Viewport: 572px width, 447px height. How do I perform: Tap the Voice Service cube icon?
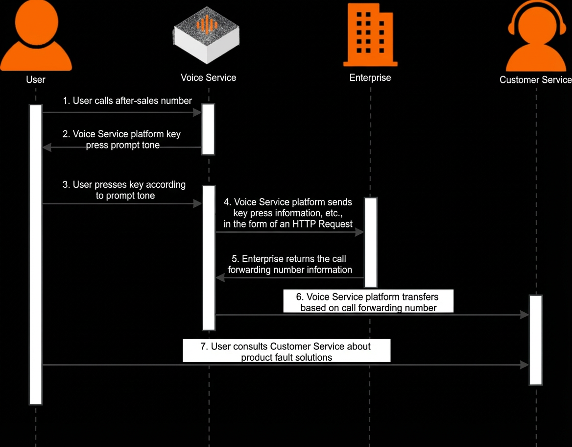[x=207, y=35]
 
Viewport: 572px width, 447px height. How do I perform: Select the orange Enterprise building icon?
[x=370, y=35]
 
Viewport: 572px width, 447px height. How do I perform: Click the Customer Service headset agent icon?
[x=536, y=35]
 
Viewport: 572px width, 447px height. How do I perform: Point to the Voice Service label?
[x=208, y=78]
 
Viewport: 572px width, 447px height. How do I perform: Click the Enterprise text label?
[x=370, y=78]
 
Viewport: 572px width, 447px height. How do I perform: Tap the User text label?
[x=36, y=79]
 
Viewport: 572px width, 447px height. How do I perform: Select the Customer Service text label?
[x=536, y=80]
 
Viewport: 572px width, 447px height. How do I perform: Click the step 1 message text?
[x=127, y=101]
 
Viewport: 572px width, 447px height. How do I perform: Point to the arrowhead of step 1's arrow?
[x=197, y=112]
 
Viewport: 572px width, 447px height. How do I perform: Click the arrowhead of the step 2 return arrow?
[x=47, y=147]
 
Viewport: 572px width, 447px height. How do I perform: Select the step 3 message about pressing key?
[x=124, y=190]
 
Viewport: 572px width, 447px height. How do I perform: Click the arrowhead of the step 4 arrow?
[x=359, y=232]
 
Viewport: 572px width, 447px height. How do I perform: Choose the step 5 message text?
[x=289, y=264]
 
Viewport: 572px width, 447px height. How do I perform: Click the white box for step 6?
[x=368, y=301]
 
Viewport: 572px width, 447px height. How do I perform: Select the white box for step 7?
[x=286, y=350]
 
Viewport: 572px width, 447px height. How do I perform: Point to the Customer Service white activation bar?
[x=536, y=340]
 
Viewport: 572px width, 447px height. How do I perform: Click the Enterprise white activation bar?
[x=371, y=242]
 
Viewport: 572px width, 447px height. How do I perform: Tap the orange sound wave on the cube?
[x=207, y=25]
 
